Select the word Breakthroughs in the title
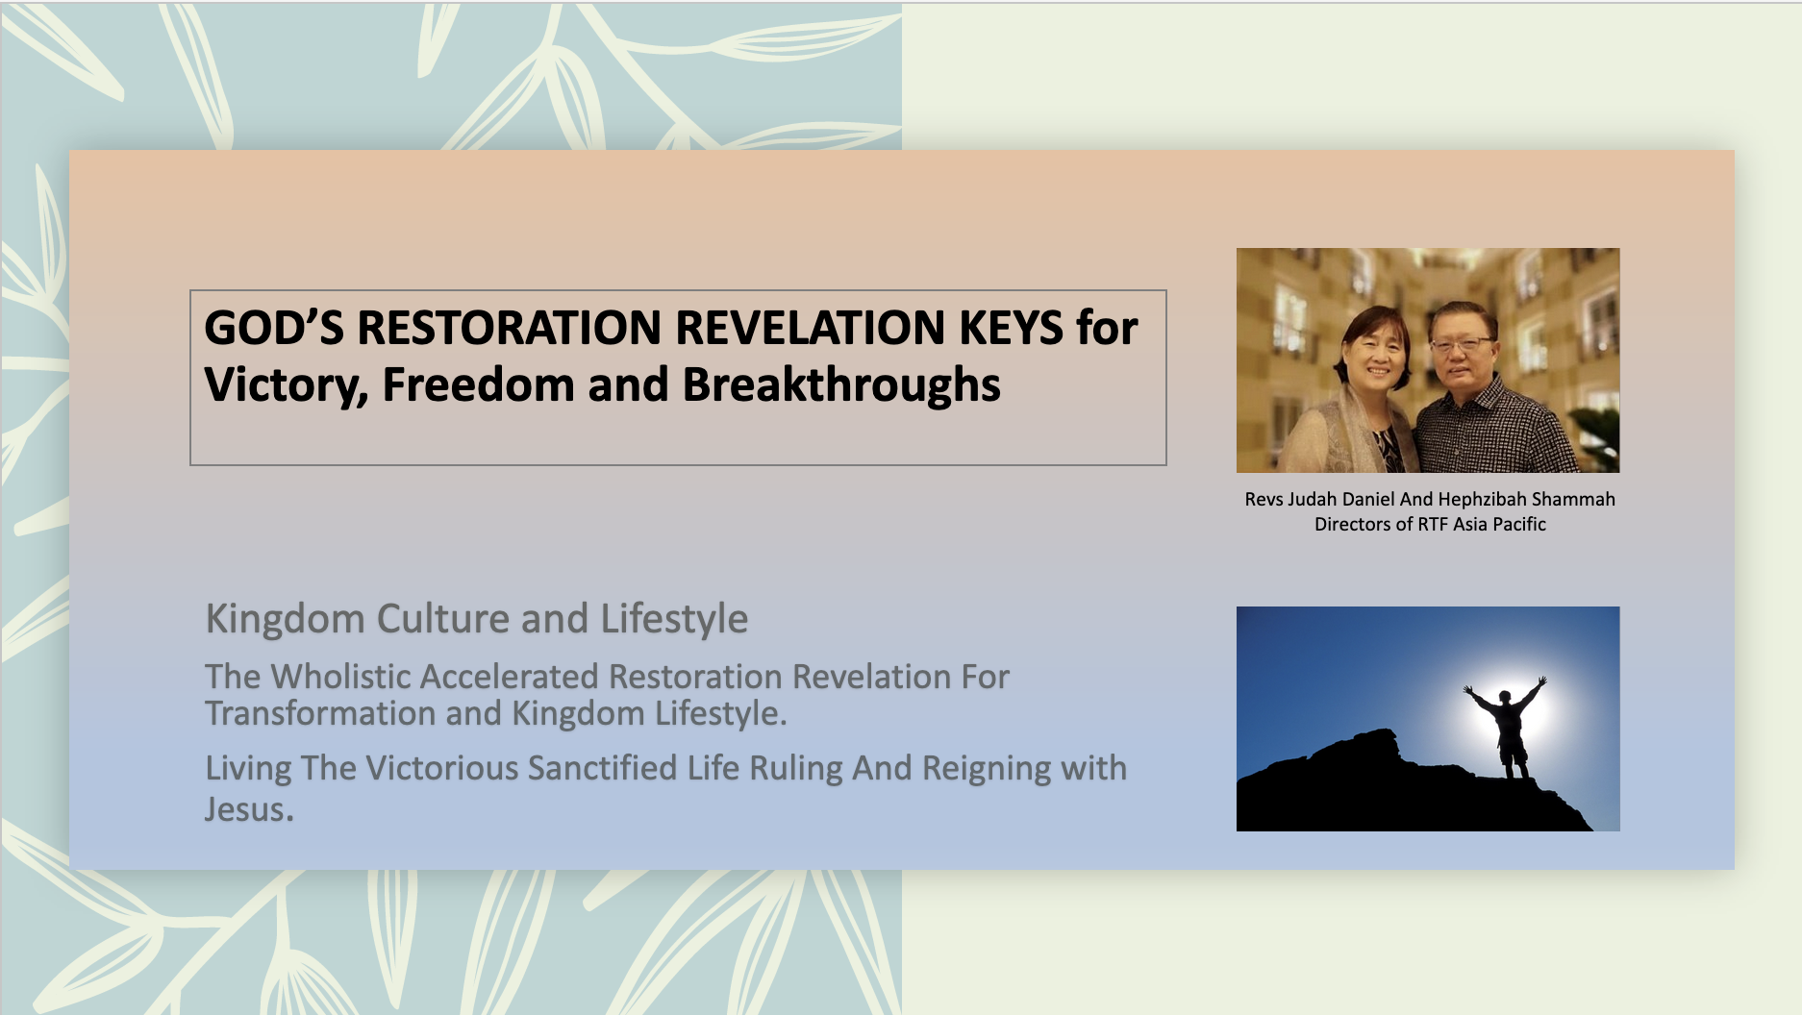coord(841,385)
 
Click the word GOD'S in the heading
coord(274,328)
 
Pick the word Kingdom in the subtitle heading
coord(286,620)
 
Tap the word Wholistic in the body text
coord(341,677)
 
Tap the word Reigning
coord(987,769)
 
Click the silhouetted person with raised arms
coord(1507,728)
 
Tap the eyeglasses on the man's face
coord(1461,341)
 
